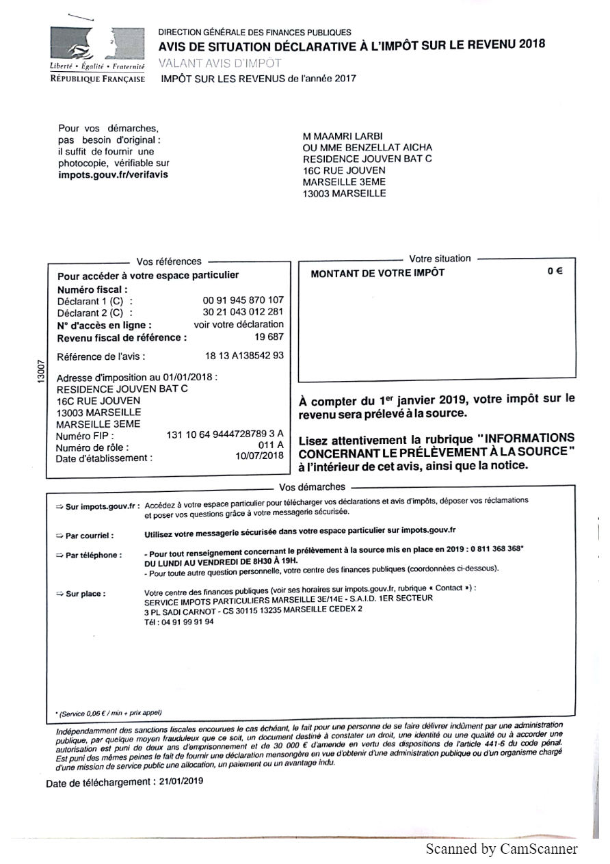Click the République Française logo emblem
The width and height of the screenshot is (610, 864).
[x=97, y=44]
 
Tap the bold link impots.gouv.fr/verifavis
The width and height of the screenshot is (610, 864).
[x=113, y=174]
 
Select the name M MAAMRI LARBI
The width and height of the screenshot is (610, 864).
[x=343, y=135]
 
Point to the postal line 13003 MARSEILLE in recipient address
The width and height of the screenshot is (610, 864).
[x=345, y=194]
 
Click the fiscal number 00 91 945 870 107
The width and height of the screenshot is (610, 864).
[x=243, y=300]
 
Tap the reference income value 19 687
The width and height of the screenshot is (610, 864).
[x=269, y=337]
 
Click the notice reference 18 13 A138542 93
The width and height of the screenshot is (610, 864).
[x=244, y=356]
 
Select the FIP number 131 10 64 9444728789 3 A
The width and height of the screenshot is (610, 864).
[x=225, y=434]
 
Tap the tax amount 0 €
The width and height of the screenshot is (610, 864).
[x=555, y=272]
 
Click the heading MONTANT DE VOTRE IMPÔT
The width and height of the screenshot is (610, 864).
[x=377, y=273]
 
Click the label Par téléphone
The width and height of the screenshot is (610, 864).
[x=93, y=555]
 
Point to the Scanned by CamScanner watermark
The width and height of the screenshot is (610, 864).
[x=501, y=849]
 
